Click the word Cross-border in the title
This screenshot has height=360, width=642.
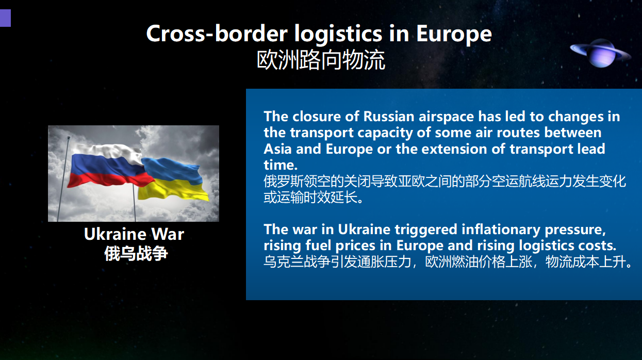point(217,34)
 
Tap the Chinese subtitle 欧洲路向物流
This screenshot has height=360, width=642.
point(321,60)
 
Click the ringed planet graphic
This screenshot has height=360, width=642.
point(601,53)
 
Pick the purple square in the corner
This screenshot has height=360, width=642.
point(5,18)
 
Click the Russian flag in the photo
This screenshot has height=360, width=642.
point(109,166)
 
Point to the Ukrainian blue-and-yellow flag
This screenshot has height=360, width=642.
point(173,179)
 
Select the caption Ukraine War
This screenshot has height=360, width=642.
point(134,234)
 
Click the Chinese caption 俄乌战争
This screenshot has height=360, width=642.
point(136,253)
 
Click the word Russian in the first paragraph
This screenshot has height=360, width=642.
point(389,117)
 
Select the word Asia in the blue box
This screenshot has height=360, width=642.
point(278,149)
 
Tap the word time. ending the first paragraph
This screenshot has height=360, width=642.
point(281,165)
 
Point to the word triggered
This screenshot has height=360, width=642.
point(426,230)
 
